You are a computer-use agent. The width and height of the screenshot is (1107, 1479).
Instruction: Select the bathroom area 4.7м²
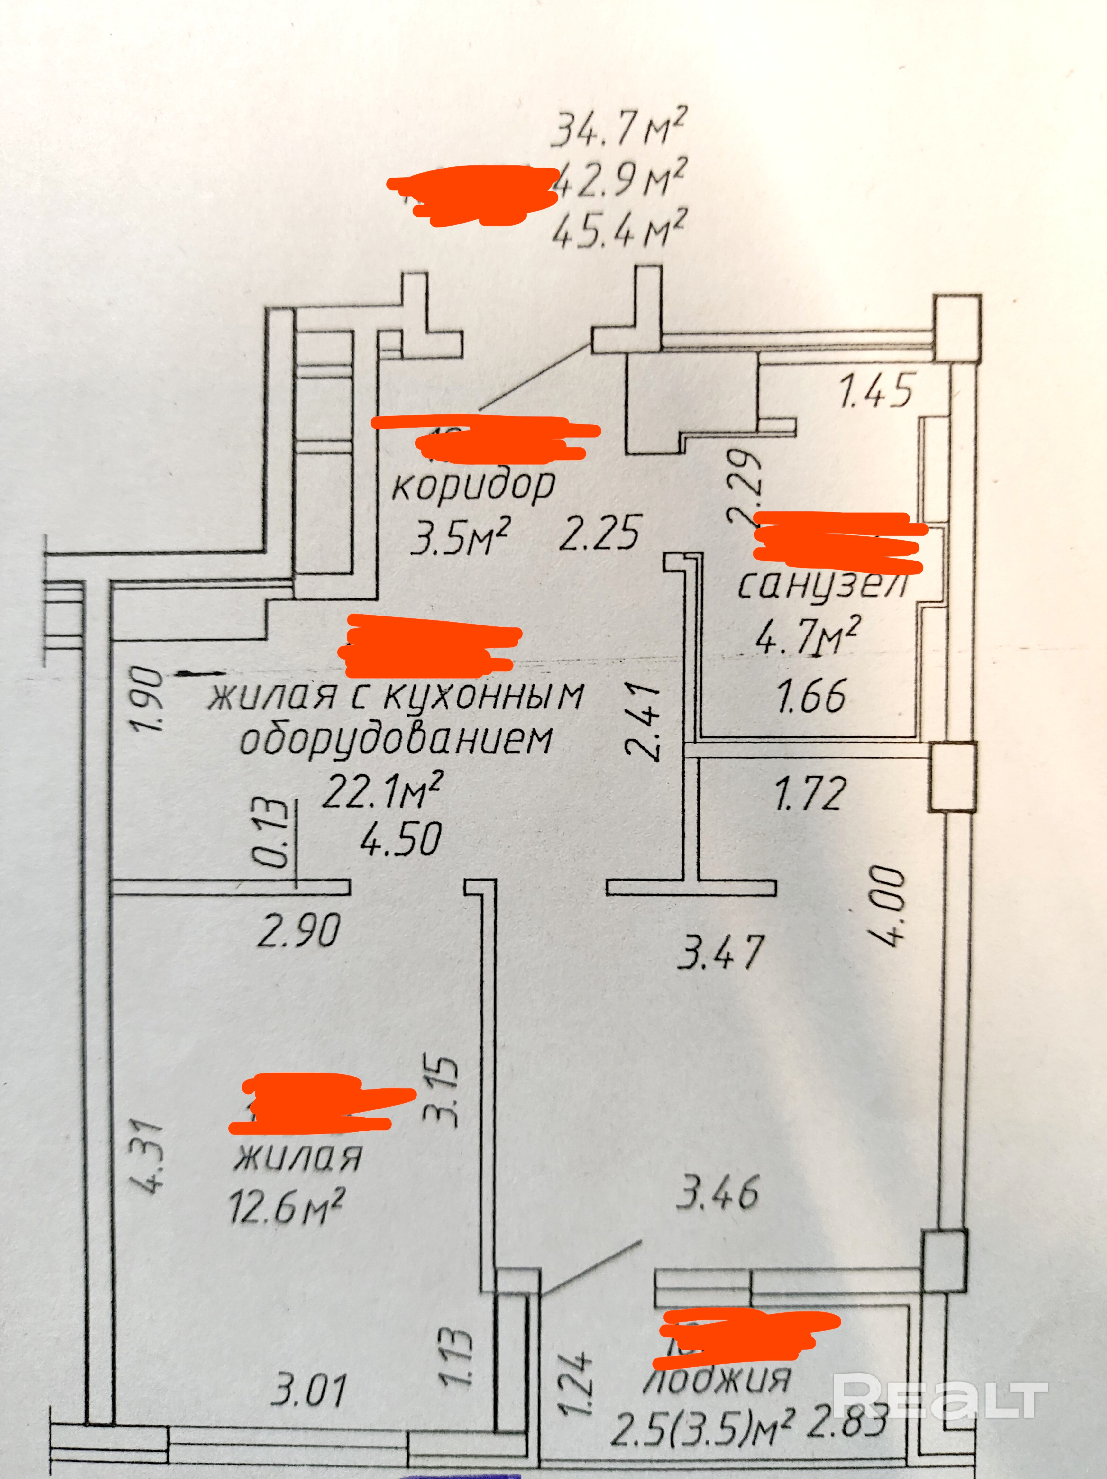[x=806, y=636]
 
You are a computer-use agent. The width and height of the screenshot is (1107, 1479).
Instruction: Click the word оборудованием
[x=397, y=740]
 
